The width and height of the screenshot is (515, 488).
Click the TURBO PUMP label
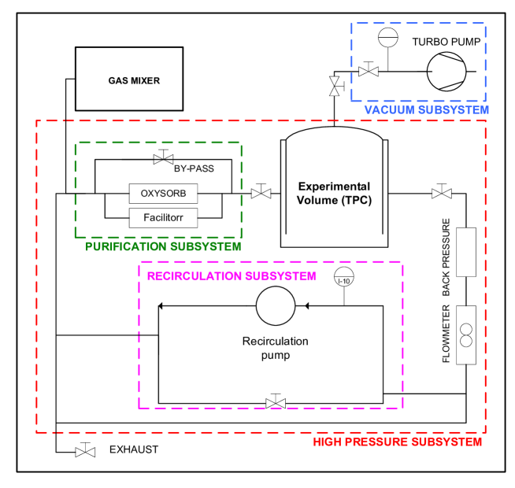pyautogui.click(x=446, y=42)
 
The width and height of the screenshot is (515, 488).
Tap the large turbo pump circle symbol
pyautogui.click(x=446, y=72)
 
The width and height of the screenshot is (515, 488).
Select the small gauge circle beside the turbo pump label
pyautogui.click(x=388, y=38)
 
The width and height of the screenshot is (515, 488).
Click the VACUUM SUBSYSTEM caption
pyautogui.click(x=426, y=110)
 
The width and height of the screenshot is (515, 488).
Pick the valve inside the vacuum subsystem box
pyautogui.click(x=369, y=72)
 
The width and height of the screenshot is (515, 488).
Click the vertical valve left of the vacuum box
pyautogui.click(x=335, y=87)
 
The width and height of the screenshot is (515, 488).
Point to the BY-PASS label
pyautogui.click(x=194, y=168)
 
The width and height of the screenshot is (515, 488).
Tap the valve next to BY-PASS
pyautogui.click(x=163, y=159)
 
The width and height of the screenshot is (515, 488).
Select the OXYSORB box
pyautogui.click(x=163, y=194)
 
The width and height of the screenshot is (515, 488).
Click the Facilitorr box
pyautogui.click(x=163, y=218)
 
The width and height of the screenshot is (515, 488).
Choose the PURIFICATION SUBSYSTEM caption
pyautogui.click(x=163, y=247)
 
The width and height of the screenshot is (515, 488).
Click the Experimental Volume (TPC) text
pyautogui.click(x=334, y=194)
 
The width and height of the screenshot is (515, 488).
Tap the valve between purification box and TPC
pyautogui.click(x=261, y=194)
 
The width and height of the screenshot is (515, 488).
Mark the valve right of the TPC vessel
pyautogui.click(x=442, y=194)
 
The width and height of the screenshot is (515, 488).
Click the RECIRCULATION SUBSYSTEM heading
pyautogui.click(x=232, y=276)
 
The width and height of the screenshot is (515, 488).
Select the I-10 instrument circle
pyautogui.click(x=344, y=279)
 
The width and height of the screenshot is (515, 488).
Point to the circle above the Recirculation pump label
pyautogui.click(x=276, y=306)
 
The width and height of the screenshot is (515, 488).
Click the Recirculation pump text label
pyautogui.click(x=275, y=349)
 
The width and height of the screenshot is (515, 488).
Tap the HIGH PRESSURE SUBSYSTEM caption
pyautogui.click(x=397, y=442)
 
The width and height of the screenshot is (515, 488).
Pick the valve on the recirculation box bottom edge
pyautogui.click(x=276, y=404)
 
